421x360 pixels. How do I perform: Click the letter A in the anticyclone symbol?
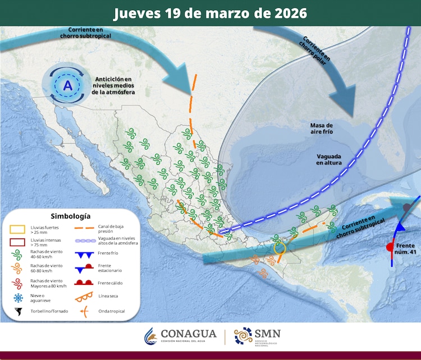tap(67, 86)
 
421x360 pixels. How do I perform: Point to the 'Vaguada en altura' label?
tap(328, 159)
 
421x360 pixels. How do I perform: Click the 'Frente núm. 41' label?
tap(405, 250)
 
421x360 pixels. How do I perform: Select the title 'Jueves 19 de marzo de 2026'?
tap(210, 13)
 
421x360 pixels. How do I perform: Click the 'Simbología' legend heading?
tap(70, 216)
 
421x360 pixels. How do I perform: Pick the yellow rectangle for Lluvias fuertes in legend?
tap(18, 229)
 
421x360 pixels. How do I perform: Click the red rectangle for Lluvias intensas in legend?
tap(18, 243)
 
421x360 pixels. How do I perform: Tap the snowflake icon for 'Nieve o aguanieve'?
tap(19, 298)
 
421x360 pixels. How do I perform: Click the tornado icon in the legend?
tap(19, 312)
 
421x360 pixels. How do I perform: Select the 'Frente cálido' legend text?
tap(110, 283)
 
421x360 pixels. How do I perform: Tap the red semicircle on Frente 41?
tap(388, 247)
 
